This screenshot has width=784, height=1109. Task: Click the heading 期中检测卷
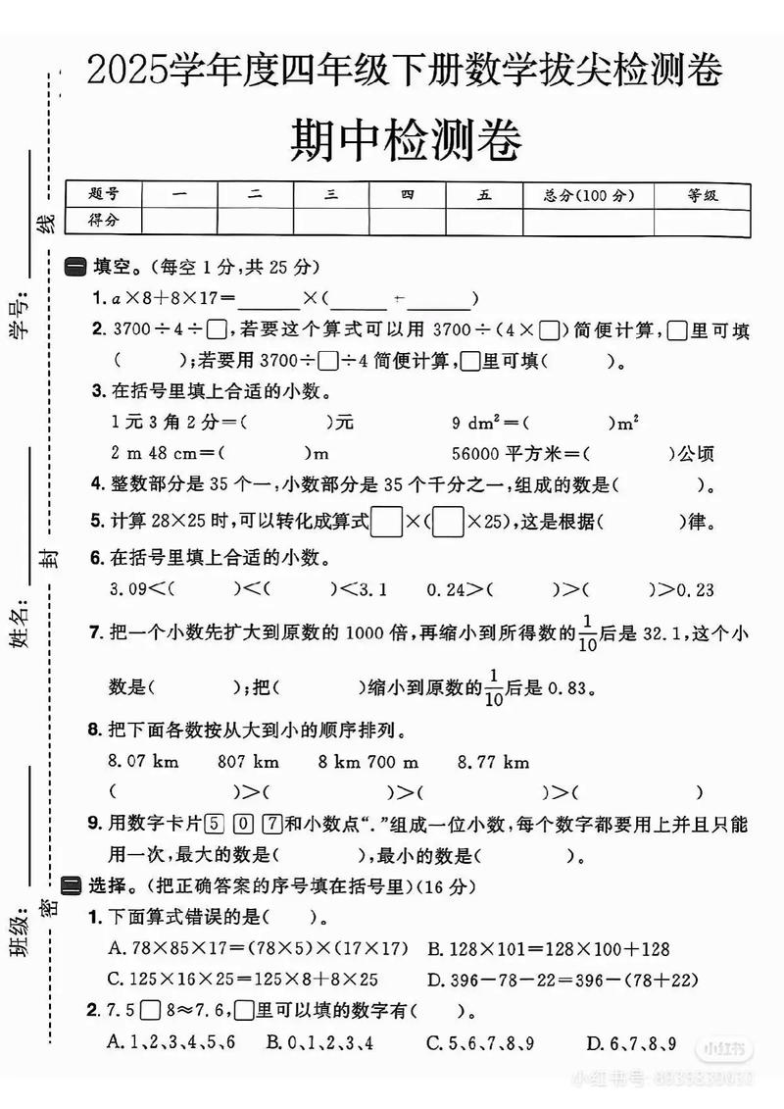point(406,140)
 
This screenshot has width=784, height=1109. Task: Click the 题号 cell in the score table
point(102,195)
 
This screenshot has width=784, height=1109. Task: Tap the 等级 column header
point(702,195)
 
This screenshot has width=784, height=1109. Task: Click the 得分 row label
point(102,221)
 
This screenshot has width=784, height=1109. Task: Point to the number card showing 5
point(216,826)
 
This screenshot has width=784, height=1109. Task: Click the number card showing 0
point(245,826)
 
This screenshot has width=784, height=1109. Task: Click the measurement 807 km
point(248,761)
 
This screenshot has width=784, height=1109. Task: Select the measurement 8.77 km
point(493,761)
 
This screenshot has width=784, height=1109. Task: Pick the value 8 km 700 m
point(368,761)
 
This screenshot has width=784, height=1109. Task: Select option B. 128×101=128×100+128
point(549,949)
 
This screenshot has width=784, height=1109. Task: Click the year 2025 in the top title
point(127,71)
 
